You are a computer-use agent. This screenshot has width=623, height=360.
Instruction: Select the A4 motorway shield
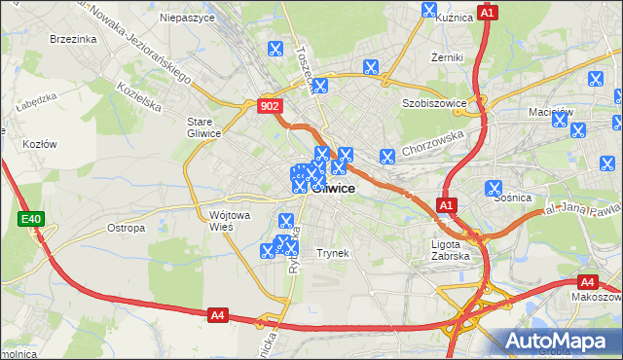tap(218, 314)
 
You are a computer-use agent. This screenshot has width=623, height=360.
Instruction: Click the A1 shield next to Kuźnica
tap(489, 13)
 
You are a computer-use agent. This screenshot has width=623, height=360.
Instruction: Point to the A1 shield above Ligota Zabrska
tap(446, 205)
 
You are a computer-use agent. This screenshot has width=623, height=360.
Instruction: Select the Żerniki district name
tap(448, 57)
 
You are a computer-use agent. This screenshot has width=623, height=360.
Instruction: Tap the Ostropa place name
tap(126, 228)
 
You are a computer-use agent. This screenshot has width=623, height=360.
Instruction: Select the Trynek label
tap(332, 253)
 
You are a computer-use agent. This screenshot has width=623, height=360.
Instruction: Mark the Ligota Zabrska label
tap(450, 250)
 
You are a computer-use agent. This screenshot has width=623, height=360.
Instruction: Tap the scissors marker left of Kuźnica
tap(429, 10)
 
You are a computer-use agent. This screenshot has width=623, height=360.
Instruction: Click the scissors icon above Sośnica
tap(494, 188)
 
